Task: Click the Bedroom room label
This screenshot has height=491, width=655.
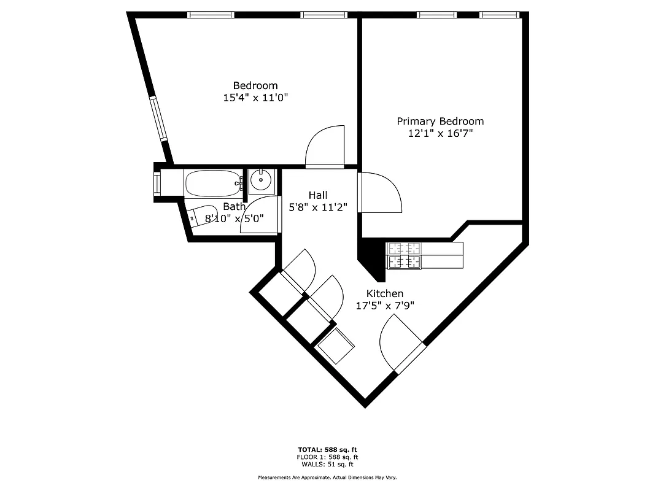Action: coord(255,85)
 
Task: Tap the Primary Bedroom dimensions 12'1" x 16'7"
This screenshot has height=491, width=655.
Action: coord(440,133)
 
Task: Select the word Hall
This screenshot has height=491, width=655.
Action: coord(317,195)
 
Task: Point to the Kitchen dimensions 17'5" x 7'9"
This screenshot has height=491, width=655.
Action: coord(385,305)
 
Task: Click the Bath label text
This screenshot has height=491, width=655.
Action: coord(234,207)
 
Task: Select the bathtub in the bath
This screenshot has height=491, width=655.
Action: coord(212,182)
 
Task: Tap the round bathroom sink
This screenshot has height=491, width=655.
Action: coord(261,180)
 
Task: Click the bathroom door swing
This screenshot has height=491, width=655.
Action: coord(258,215)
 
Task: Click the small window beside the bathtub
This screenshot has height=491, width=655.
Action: coord(157,182)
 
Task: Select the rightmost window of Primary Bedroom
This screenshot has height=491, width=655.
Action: coord(500,14)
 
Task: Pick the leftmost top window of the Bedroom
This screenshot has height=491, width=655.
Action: coord(211,14)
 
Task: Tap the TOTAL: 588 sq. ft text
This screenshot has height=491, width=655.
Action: coord(327,449)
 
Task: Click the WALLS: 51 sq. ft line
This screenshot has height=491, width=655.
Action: coord(327,464)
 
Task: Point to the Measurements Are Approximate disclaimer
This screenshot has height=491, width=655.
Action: coord(327,477)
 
